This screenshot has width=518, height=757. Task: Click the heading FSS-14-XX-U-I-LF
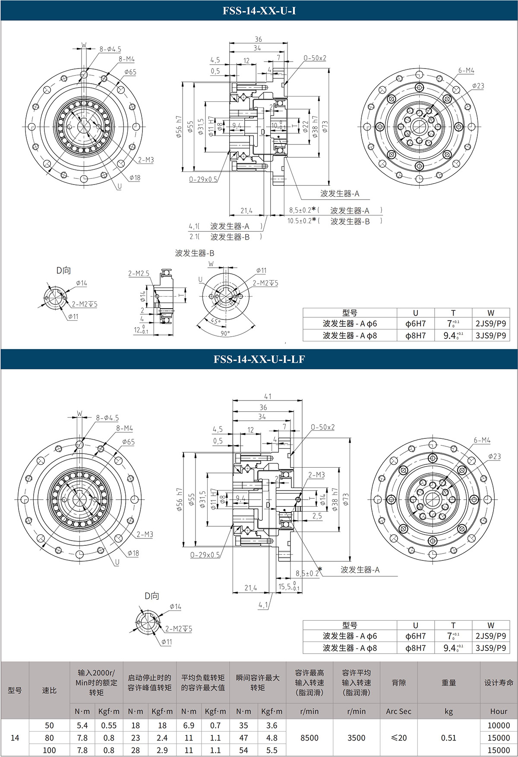[259, 359]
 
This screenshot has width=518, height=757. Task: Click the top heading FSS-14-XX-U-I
[259, 11]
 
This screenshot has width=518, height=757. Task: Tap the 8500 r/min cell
[309, 738]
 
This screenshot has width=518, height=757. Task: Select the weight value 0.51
[449, 738]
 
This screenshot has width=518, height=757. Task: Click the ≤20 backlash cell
[398, 738]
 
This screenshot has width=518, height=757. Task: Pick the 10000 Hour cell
[499, 725]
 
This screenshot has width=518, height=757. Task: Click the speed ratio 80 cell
[49, 738]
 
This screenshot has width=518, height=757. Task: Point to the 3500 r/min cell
[356, 738]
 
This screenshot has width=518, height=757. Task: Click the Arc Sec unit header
[398, 711]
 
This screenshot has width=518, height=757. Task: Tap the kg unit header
[449, 711]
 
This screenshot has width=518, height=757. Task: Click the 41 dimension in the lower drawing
[268, 396]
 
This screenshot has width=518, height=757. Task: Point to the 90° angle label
[225, 333]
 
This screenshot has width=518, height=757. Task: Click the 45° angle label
[215, 321]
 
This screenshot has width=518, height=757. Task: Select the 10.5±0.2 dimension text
[299, 221]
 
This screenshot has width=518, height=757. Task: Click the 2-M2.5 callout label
[139, 273]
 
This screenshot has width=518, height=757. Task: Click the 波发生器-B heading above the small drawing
[194, 253]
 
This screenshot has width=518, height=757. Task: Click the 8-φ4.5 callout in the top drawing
[111, 49]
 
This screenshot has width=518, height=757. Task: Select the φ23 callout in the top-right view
[478, 86]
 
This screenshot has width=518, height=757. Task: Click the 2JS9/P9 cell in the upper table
[490, 323]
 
